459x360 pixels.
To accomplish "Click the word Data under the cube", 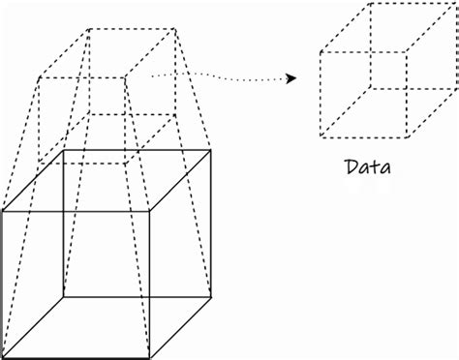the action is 368,167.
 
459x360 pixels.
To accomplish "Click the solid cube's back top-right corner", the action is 211,150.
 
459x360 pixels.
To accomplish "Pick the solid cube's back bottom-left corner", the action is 64,295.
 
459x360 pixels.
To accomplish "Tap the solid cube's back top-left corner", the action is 64,150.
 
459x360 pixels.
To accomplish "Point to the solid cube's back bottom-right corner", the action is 211,295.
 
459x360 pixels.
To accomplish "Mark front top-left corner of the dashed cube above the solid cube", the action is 39,76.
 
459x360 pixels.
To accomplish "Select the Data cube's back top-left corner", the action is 369,5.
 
